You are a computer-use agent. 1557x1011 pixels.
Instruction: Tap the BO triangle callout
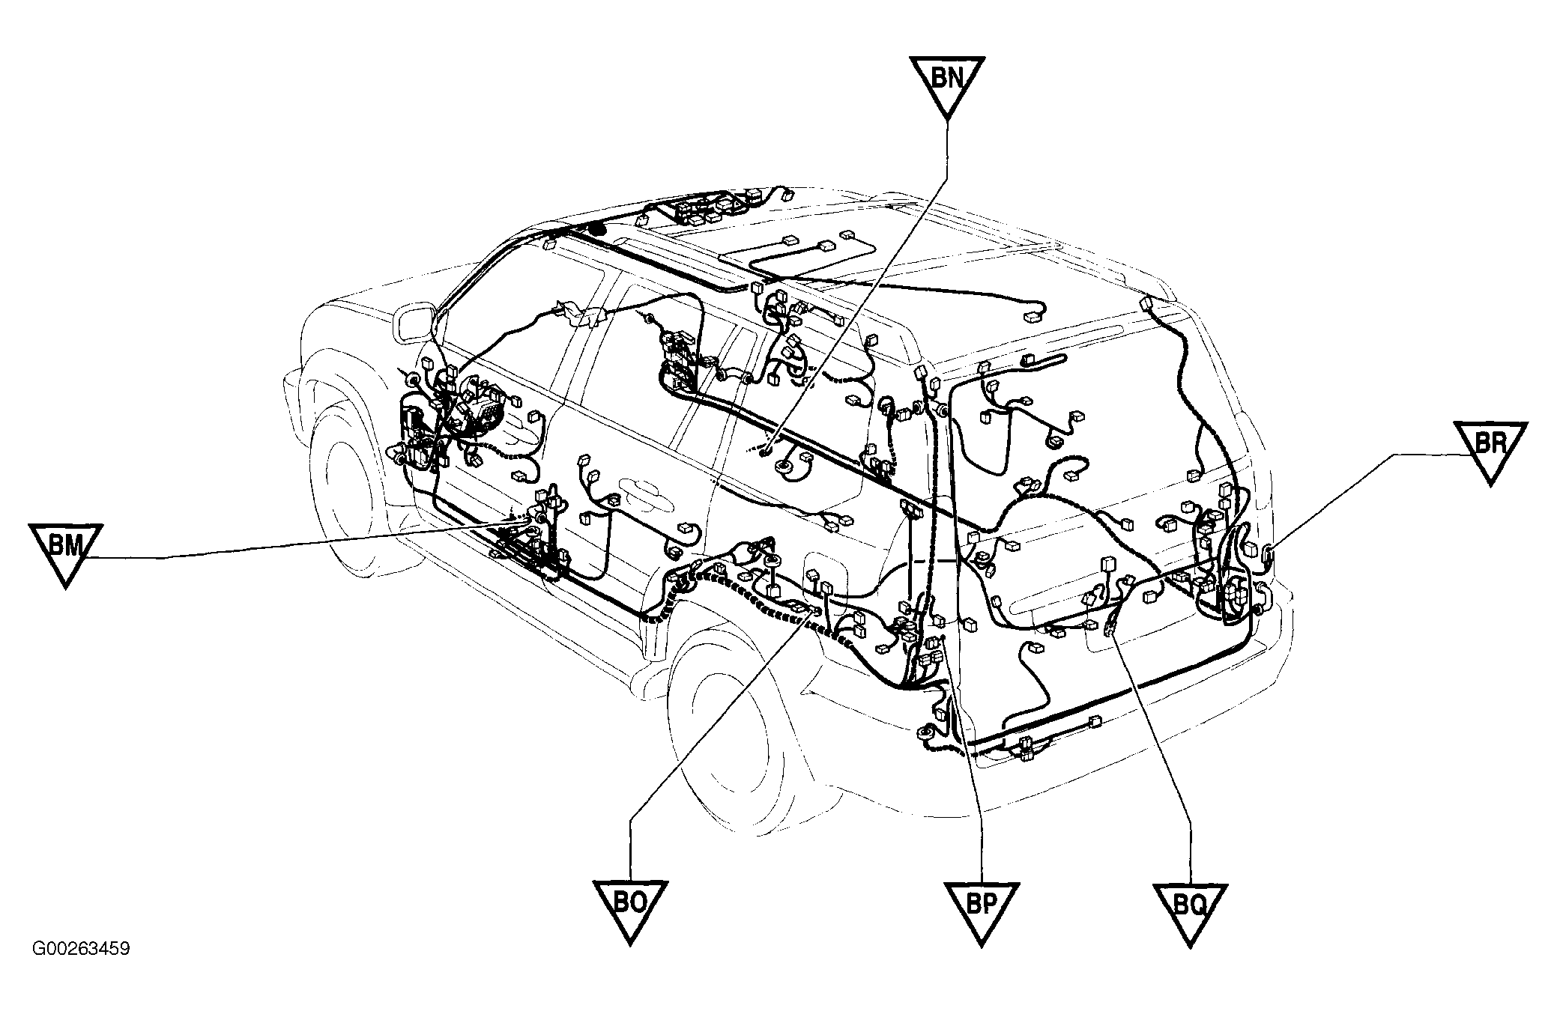click(x=630, y=909)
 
